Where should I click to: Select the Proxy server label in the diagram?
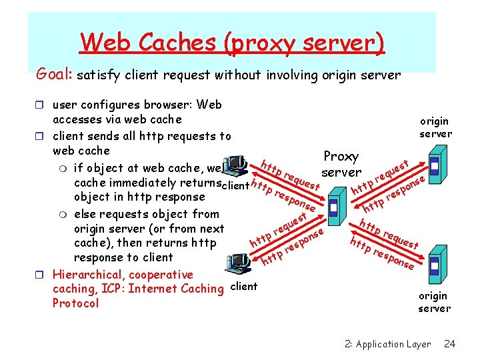(341, 165)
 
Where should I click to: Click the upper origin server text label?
(435, 127)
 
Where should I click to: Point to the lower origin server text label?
(434, 302)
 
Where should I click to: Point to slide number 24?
(449, 344)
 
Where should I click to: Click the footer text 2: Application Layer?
(388, 344)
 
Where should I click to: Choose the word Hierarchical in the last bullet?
(89, 275)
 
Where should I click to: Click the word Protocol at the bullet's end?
(75, 303)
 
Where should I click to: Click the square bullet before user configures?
(42, 105)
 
